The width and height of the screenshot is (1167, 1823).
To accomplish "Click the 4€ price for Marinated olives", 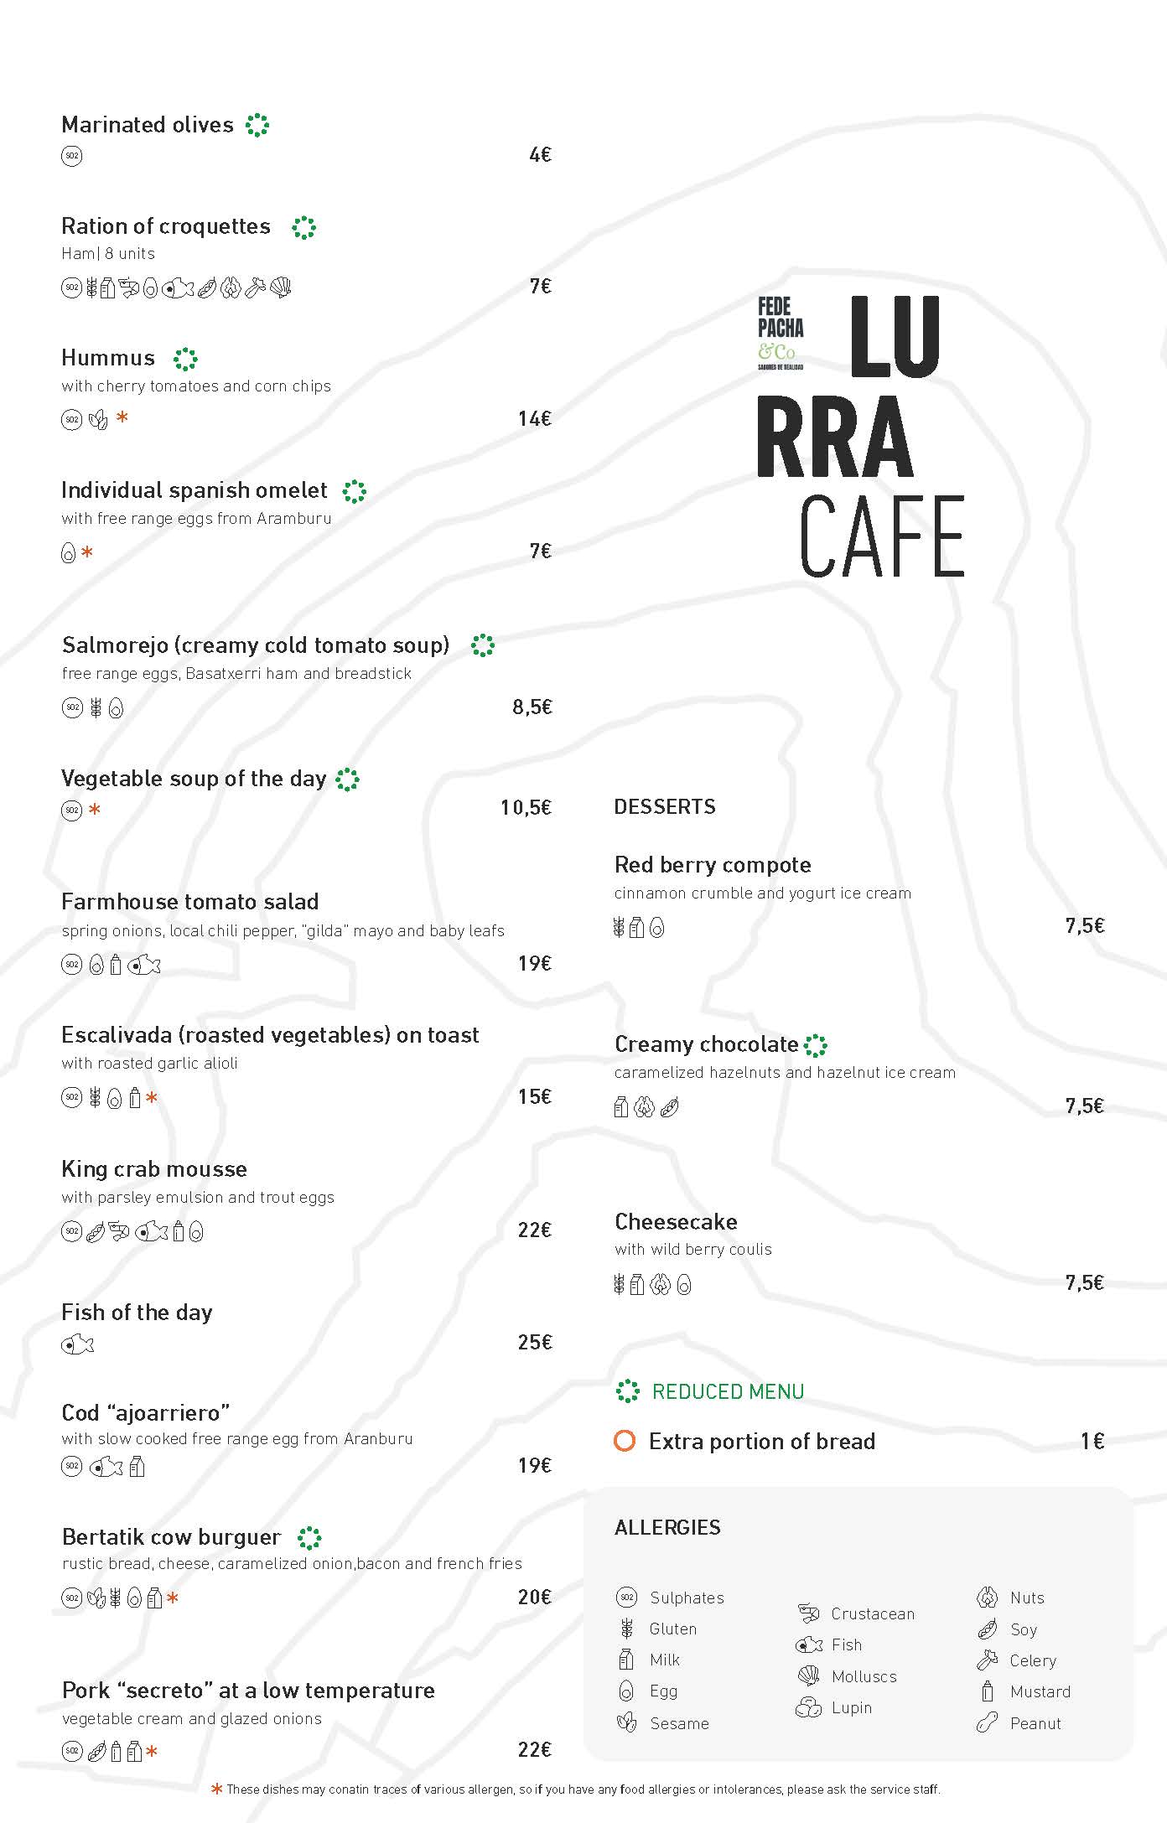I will click(x=540, y=154).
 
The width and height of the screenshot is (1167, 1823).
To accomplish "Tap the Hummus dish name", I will click(x=108, y=358).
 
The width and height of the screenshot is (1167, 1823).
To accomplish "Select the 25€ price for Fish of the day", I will click(x=534, y=1342).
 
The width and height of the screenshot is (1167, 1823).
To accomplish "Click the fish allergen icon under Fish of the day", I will click(x=77, y=1344).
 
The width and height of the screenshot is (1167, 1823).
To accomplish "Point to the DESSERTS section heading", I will click(x=664, y=806).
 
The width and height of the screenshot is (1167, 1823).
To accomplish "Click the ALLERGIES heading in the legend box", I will click(x=667, y=1527).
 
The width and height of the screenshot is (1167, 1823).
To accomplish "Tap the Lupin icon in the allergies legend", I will click(x=808, y=1707).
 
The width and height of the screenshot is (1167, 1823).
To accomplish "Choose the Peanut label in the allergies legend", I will click(x=1035, y=1723).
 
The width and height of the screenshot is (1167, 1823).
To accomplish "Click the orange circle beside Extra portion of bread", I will click(x=625, y=1441).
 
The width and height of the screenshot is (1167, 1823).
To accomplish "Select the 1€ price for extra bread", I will click(x=1092, y=1441).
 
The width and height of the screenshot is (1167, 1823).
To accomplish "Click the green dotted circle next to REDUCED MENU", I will click(x=627, y=1391).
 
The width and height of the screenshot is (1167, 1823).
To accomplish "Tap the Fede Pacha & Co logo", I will click(x=780, y=332).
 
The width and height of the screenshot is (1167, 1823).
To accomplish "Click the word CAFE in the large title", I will click(x=882, y=536).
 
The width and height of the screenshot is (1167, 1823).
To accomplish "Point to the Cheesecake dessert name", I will click(x=676, y=1221).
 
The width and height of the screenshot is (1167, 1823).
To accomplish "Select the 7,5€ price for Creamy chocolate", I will click(x=1084, y=1106).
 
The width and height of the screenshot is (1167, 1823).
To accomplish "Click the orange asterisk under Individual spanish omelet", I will click(x=87, y=552).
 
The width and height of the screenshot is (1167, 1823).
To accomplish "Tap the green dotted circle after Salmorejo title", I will click(x=483, y=645).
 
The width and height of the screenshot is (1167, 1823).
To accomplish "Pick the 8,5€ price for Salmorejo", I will click(x=532, y=707).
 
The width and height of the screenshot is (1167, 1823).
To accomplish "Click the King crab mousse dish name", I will click(x=154, y=1168).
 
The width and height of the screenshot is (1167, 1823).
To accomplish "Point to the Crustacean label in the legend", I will click(x=872, y=1613).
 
